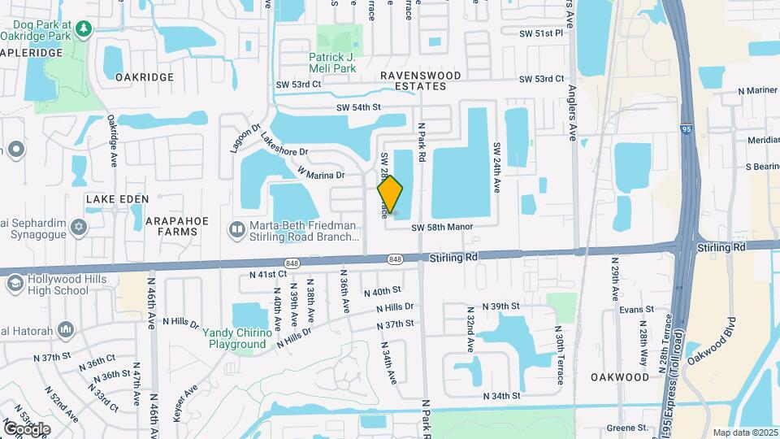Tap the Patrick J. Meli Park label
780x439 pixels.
pyautogui.click(x=333, y=63)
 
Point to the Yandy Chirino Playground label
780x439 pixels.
pyautogui.click(x=236, y=338)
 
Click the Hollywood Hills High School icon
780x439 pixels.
pyautogui.click(x=15, y=283)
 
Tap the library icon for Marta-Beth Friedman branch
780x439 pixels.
pyautogui.click(x=236, y=230)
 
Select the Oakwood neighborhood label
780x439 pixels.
pyautogui.click(x=621, y=377)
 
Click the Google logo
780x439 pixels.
pyautogui.click(x=27, y=428)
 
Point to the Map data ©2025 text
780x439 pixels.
pyautogui.click(x=743, y=432)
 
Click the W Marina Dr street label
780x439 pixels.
pyautogui.click(x=322, y=174)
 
